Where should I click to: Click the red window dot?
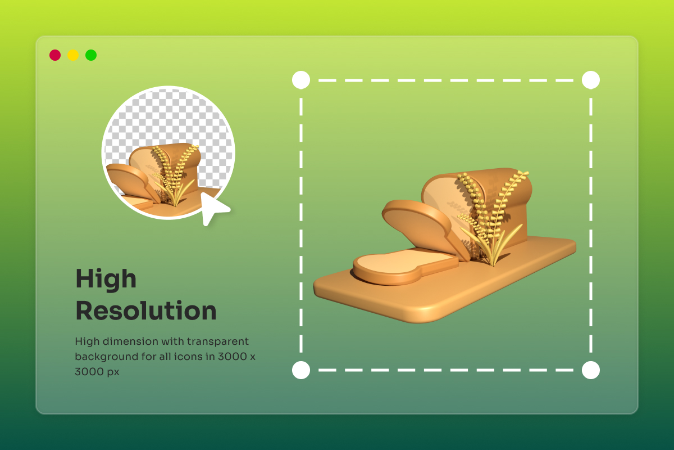click(x=55, y=55)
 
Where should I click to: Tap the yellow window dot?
click(x=73, y=55)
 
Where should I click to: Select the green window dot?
click(x=91, y=55)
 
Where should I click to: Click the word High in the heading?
click(x=106, y=280)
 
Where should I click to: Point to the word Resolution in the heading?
click(x=146, y=310)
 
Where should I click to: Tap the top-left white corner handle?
click(x=301, y=80)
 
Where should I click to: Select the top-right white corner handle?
click(x=591, y=80)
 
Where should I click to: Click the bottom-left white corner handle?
click(x=301, y=370)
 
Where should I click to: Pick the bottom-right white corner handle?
click(x=591, y=370)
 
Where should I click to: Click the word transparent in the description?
click(x=217, y=342)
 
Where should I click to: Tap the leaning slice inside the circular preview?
click(x=132, y=182)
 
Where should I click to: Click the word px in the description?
click(x=113, y=372)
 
